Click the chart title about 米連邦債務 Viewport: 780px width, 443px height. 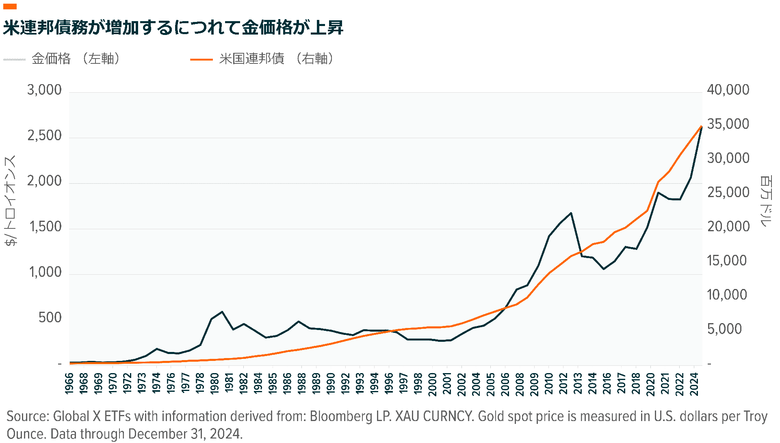[x=173, y=28]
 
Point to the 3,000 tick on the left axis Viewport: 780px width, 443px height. [x=44, y=90]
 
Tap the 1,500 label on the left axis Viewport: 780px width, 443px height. [x=45, y=227]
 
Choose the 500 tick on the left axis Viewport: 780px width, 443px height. [x=50, y=318]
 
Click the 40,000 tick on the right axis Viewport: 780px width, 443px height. [x=728, y=90]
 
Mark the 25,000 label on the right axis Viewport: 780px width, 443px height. [x=728, y=193]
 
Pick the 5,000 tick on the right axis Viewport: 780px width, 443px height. [x=724, y=329]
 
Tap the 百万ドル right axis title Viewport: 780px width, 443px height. [x=766, y=201]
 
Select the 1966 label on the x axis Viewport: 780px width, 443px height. [x=69, y=384]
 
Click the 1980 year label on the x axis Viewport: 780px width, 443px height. [x=214, y=384]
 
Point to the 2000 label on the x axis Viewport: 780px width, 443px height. [x=433, y=384]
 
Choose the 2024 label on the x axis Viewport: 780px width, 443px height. [x=694, y=384]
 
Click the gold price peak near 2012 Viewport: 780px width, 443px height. [x=571, y=213]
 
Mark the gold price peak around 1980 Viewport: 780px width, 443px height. [x=222, y=312]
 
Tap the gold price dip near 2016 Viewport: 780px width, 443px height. [x=604, y=269]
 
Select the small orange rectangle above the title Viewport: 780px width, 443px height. [x=10, y=6]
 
